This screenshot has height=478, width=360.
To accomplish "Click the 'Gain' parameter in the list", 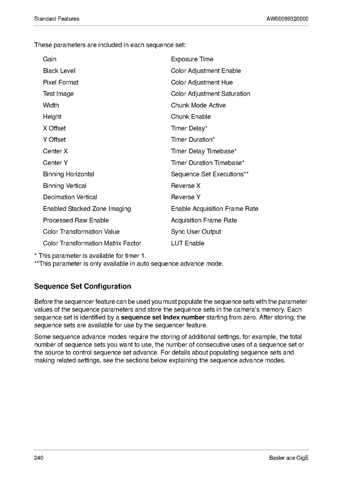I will click(49, 59).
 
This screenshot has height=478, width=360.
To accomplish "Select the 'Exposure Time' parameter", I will click(192, 59).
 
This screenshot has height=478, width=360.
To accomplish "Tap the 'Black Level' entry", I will click(59, 71).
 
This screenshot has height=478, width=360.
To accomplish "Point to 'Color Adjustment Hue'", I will click(202, 82).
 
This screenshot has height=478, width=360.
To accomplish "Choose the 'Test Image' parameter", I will click(58, 94).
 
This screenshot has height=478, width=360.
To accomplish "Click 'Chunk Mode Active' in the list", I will click(198, 105).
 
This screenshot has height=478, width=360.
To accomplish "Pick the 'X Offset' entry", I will click(54, 128).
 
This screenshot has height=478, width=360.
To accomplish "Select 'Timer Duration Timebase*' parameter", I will click(208, 163).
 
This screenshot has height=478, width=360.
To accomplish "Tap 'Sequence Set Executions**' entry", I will click(210, 174).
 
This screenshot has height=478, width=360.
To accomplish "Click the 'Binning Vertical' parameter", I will click(65, 186).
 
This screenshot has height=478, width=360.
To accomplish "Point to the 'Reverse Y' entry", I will click(186, 197).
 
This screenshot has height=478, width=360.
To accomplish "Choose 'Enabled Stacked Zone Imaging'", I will click(87, 209).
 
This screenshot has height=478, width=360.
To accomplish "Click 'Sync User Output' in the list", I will click(196, 232).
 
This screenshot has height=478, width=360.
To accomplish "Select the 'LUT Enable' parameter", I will click(188, 243).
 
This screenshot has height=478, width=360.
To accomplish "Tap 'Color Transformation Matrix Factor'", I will click(92, 243).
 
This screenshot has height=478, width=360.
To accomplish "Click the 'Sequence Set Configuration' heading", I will click(83, 286).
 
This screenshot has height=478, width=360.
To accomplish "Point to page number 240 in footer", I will click(39, 458).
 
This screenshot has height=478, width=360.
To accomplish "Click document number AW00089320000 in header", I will click(287, 19).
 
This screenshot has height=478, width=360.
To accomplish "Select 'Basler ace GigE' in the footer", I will click(289, 458).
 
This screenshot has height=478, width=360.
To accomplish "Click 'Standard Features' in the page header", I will click(57, 19).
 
